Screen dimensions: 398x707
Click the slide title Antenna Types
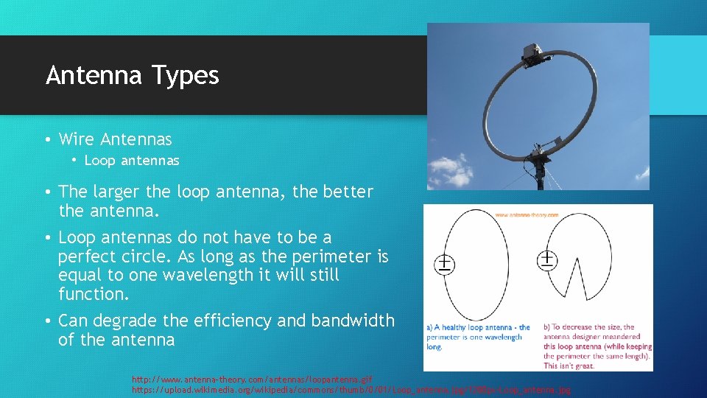[x=133, y=75]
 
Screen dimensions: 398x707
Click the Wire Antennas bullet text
[x=115, y=139]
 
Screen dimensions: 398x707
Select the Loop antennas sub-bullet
[x=132, y=160]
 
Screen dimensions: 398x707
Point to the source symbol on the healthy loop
[x=445, y=264]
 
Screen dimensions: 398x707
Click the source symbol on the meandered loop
[x=549, y=259]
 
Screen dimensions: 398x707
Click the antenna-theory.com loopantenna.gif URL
[x=251, y=379]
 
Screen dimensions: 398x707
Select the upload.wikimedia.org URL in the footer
[x=351, y=389]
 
